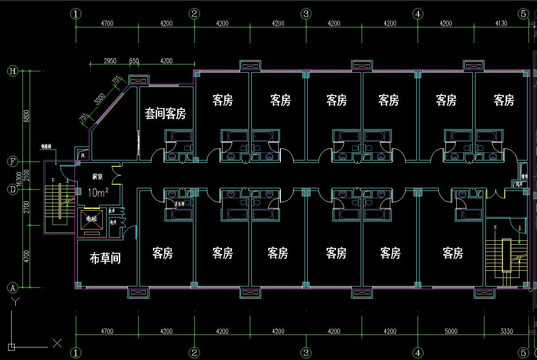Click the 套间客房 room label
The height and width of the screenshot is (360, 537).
click(x=165, y=113)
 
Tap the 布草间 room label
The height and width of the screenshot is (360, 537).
click(x=105, y=258)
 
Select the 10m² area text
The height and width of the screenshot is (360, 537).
click(x=98, y=192)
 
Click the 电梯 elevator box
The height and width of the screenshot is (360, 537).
click(x=91, y=219)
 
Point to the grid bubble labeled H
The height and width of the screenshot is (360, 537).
click(x=13, y=71)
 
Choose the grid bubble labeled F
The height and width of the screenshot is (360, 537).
click(x=13, y=161)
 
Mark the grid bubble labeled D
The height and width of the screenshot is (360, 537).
click(x=13, y=190)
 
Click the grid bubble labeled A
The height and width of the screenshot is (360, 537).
click(x=13, y=287)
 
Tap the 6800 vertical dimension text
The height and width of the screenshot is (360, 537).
click(x=26, y=116)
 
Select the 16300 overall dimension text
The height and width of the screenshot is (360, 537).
click(x=19, y=179)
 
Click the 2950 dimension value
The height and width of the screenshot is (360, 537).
click(x=110, y=61)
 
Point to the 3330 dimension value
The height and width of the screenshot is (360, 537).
click(x=506, y=331)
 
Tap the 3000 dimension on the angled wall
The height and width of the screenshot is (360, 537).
click(x=100, y=99)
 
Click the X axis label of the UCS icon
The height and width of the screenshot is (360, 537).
click(x=57, y=344)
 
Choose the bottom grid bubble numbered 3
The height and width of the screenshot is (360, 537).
click(x=306, y=353)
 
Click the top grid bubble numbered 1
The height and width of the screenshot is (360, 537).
click(x=76, y=14)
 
